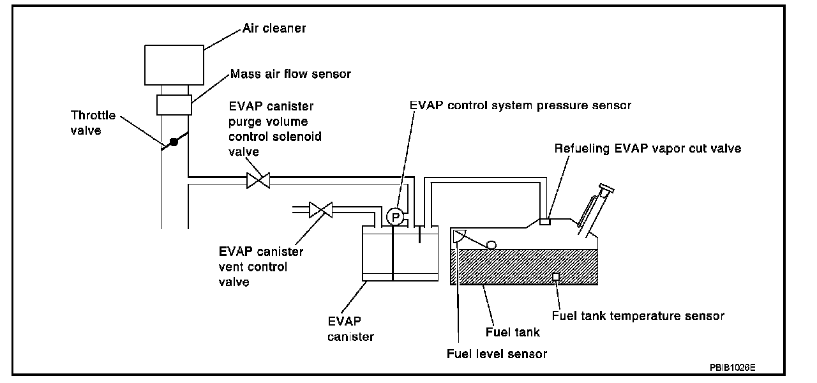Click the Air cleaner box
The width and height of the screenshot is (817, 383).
point(174,64)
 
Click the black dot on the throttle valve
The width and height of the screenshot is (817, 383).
point(173,142)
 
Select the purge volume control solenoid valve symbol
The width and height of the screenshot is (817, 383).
point(259,181)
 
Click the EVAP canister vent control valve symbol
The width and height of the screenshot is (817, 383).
point(320,209)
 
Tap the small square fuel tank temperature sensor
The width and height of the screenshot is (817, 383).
point(556,276)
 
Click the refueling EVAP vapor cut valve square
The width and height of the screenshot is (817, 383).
point(545,222)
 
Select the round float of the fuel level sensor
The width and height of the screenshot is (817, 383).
point(491,244)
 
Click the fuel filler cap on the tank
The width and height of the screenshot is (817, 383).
point(606,189)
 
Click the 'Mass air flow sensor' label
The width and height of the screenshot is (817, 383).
point(292,74)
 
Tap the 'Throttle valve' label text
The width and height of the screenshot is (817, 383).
point(94,121)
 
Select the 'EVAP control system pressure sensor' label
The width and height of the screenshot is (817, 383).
point(520,105)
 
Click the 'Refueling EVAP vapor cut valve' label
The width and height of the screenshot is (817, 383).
point(647,148)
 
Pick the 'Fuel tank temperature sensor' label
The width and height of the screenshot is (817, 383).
point(638,315)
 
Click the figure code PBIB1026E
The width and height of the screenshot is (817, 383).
point(737,368)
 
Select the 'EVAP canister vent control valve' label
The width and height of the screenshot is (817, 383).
point(261,267)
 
